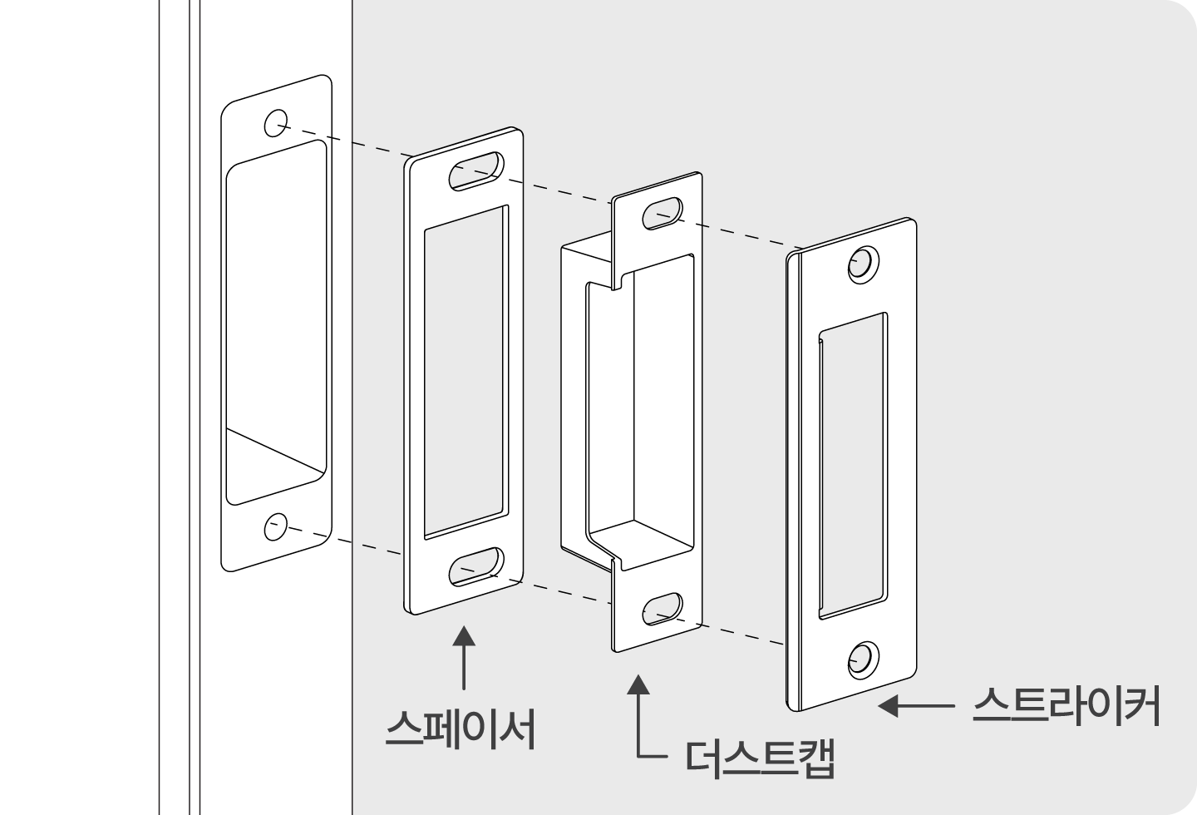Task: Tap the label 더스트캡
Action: pyautogui.click(x=760, y=759)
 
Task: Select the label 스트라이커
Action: pyautogui.click(x=1066, y=706)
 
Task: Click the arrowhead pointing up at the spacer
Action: pyautogui.click(x=463, y=636)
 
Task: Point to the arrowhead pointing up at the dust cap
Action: pyautogui.click(x=638, y=684)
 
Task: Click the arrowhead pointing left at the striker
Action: pyautogui.click(x=888, y=706)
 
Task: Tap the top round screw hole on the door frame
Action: pyautogui.click(x=276, y=123)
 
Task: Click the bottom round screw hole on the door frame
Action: pyautogui.click(x=276, y=526)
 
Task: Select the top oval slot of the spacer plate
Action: pyautogui.click(x=476, y=171)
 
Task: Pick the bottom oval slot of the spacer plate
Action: pyautogui.click(x=476, y=566)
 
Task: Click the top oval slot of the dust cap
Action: pyautogui.click(x=662, y=214)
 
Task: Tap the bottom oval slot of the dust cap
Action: pyautogui.click(x=662, y=609)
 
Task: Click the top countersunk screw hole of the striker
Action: pyautogui.click(x=864, y=264)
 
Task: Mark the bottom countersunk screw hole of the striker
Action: pyautogui.click(x=864, y=660)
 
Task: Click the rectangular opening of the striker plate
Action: pyautogui.click(x=853, y=466)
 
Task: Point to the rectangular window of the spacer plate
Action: pyautogui.click(x=466, y=373)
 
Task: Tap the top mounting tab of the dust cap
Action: pyautogui.click(x=657, y=225)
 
